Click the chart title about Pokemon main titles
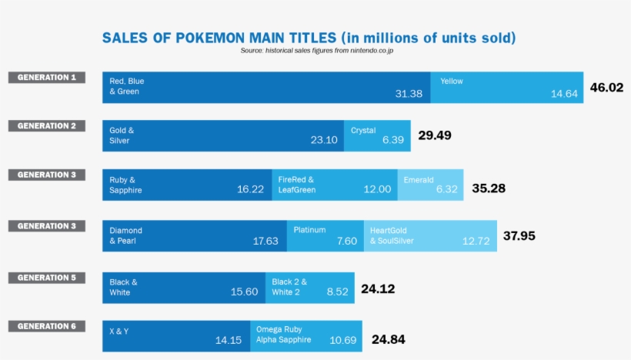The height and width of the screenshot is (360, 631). pyautogui.click(x=309, y=38)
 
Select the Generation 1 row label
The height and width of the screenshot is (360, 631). pyautogui.click(x=46, y=78)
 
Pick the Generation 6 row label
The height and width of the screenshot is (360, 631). pyautogui.click(x=46, y=326)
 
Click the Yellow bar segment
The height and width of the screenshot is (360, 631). pyautogui.click(x=507, y=87)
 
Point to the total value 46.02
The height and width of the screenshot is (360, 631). pyautogui.click(x=606, y=88)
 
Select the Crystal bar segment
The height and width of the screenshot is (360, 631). pyautogui.click(x=377, y=135)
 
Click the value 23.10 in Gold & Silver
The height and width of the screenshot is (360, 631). pyautogui.click(x=324, y=140)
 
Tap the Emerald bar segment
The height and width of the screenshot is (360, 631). pyautogui.click(x=431, y=185)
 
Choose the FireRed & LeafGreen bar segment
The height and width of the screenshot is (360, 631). pyautogui.click(x=335, y=185)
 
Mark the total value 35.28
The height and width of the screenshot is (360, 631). pyautogui.click(x=489, y=188)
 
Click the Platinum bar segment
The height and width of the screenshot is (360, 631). pyautogui.click(x=325, y=235)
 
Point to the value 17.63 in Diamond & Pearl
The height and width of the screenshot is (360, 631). pyautogui.click(x=265, y=241)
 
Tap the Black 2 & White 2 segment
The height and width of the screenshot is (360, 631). pyautogui.click(x=310, y=287)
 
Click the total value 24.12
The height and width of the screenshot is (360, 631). pyautogui.click(x=378, y=289)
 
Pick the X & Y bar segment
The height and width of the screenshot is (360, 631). pyautogui.click(x=176, y=336)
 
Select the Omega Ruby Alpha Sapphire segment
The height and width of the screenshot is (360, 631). pyautogui.click(x=305, y=336)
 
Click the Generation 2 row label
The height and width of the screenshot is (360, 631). pyautogui.click(x=46, y=126)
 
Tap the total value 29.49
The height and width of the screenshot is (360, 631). pyautogui.click(x=435, y=135)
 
